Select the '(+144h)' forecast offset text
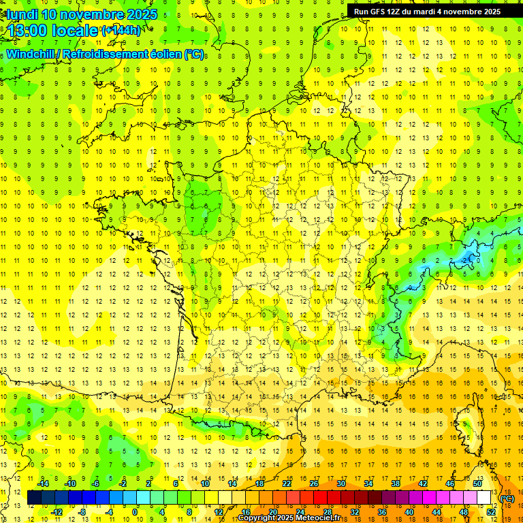point(121,30)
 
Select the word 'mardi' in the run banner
point(436,11)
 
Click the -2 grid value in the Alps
point(466,259)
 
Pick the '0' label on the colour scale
point(135,511)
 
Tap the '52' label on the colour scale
point(490,511)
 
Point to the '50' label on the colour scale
point(477,483)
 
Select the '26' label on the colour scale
point(314,483)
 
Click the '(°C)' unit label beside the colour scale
point(507,498)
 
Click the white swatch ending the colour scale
point(484,498)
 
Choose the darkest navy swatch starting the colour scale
point(35,498)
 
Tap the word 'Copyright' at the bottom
point(258,518)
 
